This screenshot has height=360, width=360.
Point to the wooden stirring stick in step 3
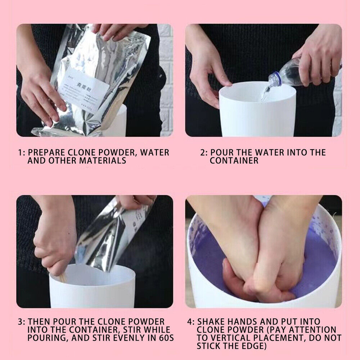click(x=63, y=277)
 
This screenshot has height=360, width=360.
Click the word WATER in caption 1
click(x=154, y=152)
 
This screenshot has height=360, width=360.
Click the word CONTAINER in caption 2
click(x=234, y=161)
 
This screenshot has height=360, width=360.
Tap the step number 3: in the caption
click(x=22, y=321)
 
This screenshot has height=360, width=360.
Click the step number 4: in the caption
click(x=190, y=321)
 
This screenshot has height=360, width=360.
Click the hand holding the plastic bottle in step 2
click(x=317, y=61)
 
